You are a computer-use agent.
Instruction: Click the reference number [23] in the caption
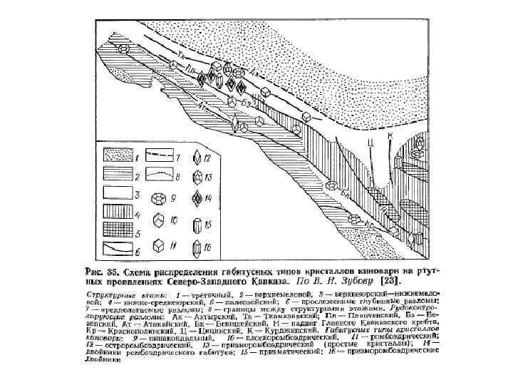[393, 282]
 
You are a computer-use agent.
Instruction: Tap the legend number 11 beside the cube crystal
[173, 247]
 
